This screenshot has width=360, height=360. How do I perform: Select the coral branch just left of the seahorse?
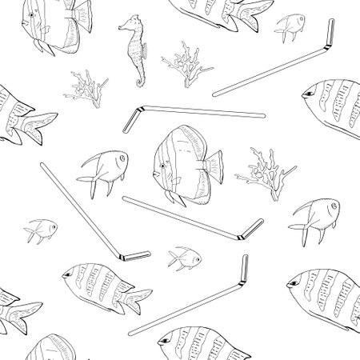coord(84,88)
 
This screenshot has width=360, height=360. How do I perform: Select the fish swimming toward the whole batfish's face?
coord(101,170)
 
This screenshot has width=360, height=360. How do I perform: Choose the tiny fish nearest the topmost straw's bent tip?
coord(291,26)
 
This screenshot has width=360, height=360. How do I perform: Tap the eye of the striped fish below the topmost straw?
coord(308,97)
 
